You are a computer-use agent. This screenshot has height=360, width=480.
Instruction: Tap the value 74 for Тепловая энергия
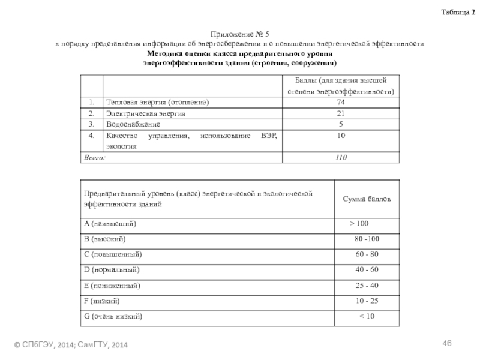point(340,103)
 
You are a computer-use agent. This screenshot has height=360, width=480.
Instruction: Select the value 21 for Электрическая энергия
point(340,113)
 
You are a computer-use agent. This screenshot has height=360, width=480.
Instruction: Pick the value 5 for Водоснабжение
point(340,124)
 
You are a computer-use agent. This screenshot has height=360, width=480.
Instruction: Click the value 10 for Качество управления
point(340,136)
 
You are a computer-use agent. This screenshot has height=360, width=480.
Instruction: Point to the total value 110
point(340,157)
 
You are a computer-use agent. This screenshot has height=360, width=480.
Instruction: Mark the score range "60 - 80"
point(367,254)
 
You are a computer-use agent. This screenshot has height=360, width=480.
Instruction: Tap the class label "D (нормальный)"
point(112,269)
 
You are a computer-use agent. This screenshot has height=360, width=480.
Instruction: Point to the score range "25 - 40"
point(367,285)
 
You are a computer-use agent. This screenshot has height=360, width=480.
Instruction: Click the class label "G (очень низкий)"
point(114,316)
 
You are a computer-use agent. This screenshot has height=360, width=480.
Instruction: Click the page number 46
point(446,343)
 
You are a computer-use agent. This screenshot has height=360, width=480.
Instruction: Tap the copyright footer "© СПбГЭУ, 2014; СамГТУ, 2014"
point(71,345)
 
